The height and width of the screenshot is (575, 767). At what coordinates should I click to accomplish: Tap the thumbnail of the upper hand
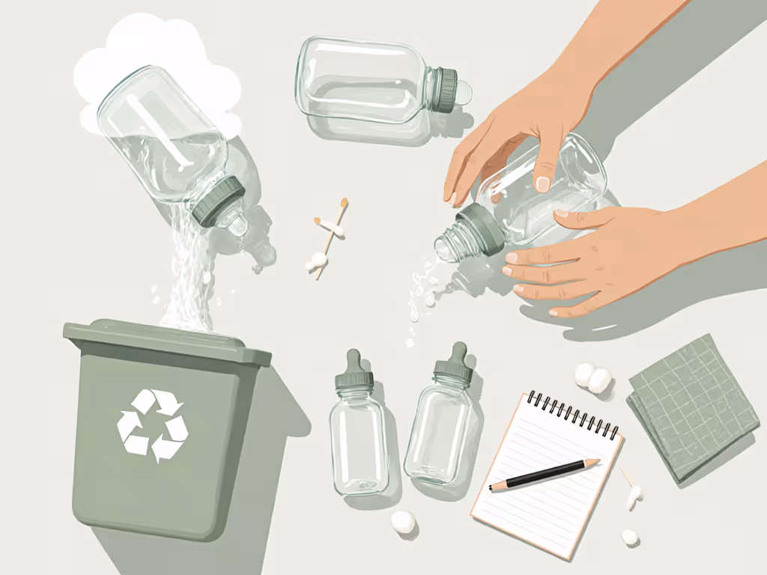(542, 182)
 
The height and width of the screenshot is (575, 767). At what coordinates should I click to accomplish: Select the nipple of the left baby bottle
(354, 367)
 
